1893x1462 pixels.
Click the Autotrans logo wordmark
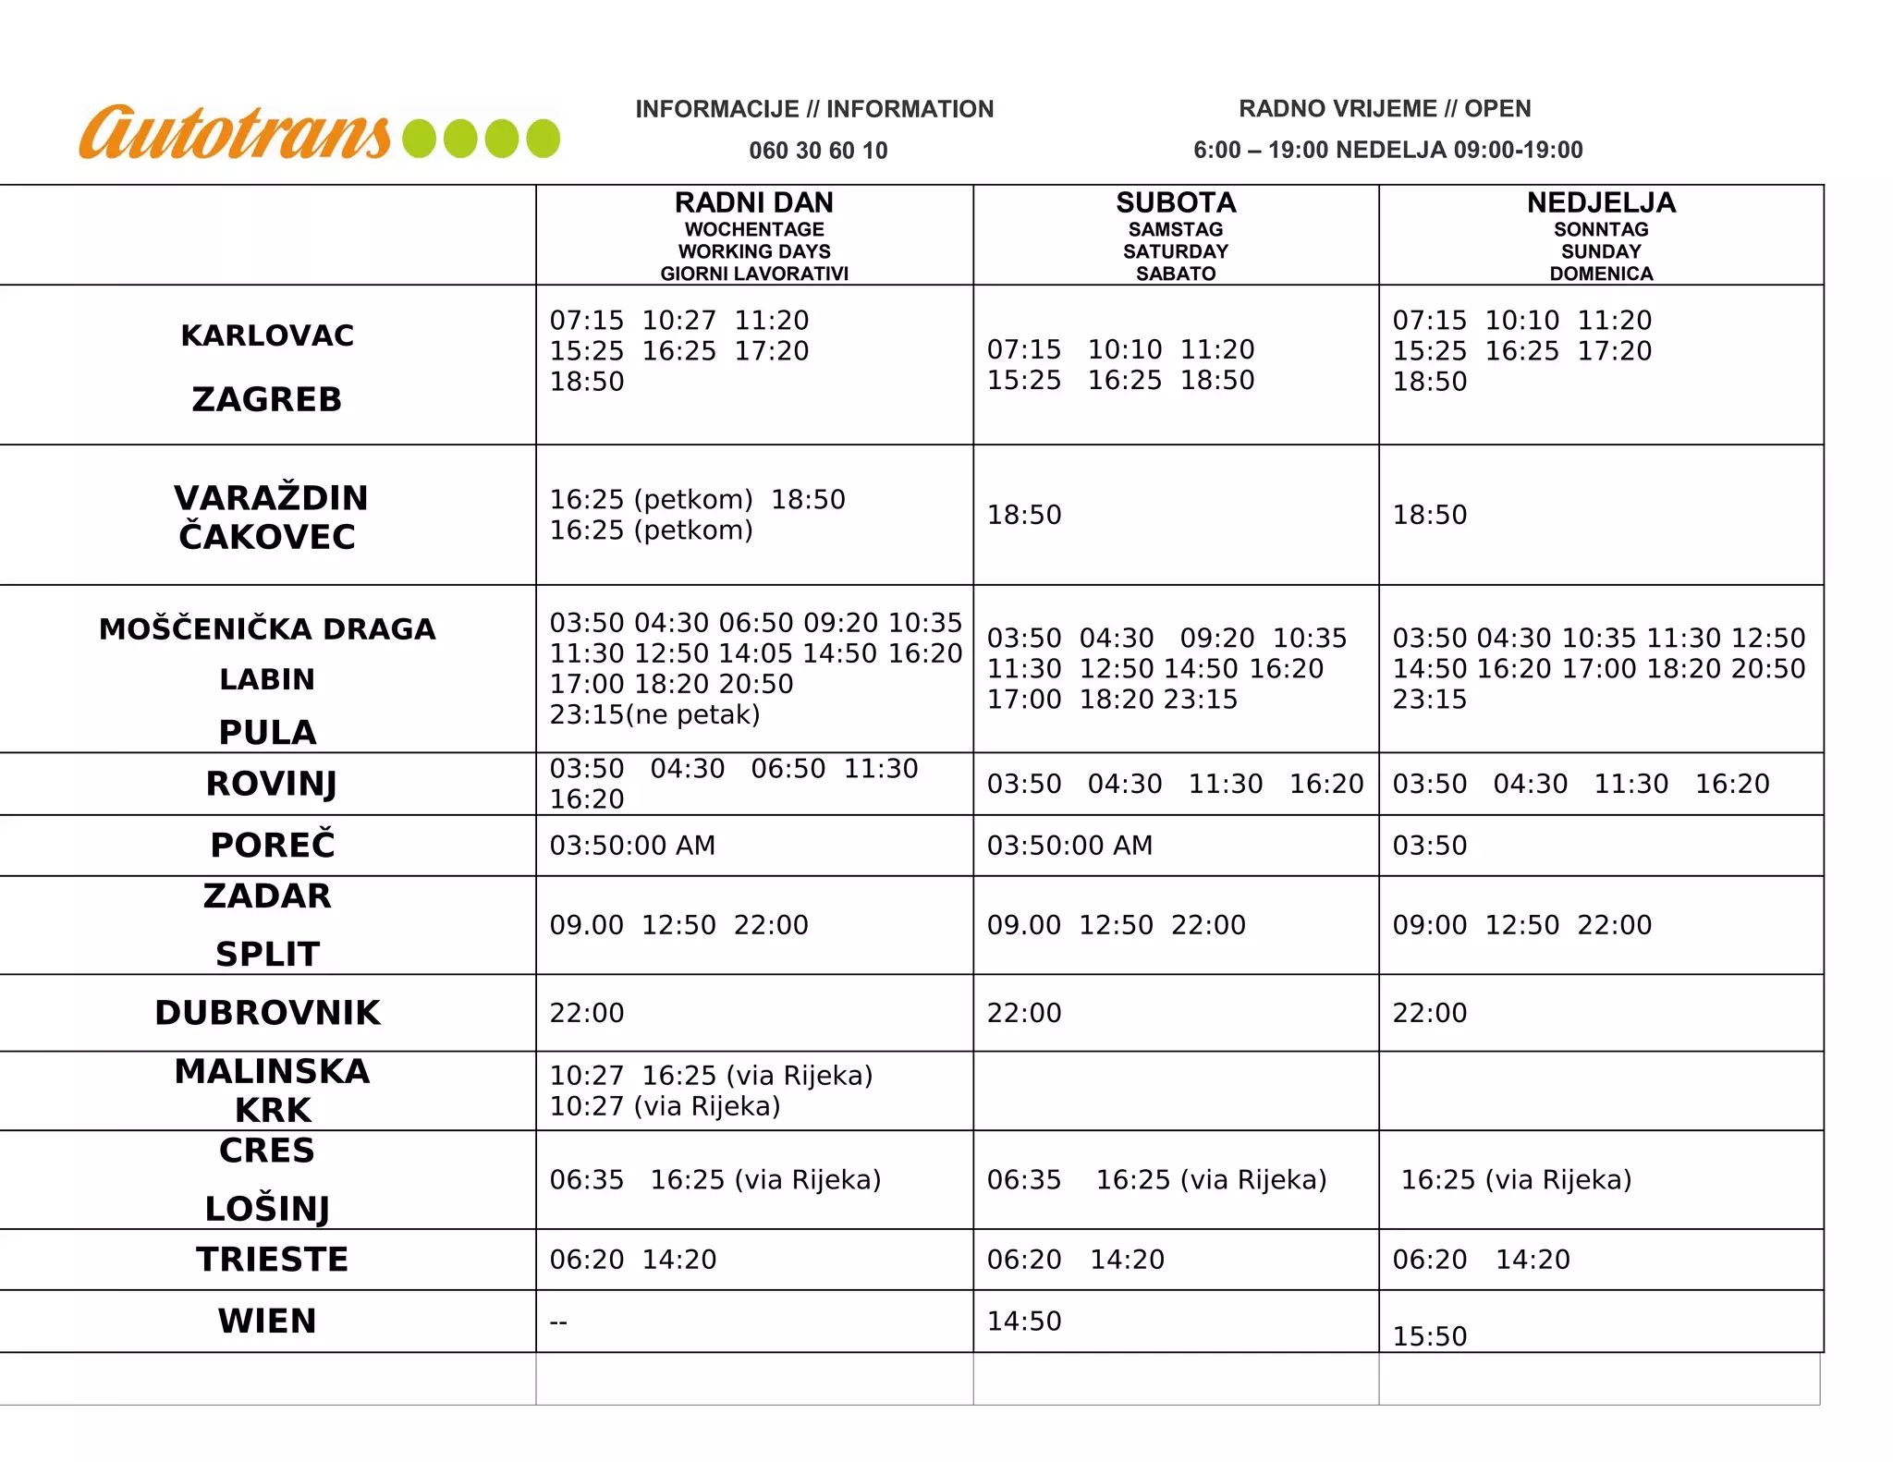coord(236,134)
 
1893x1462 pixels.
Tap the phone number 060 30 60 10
coord(818,151)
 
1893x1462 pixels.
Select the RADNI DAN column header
coord(754,202)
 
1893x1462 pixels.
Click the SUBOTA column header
coord(1176,202)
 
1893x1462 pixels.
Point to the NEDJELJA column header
coord(1601,202)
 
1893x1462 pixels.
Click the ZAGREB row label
coord(267,399)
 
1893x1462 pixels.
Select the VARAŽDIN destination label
coord(271,498)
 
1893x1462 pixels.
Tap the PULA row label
coord(267,732)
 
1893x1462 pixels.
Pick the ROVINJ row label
coord(271,784)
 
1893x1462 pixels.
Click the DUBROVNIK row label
coord(267,1013)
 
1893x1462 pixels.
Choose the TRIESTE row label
coord(272,1260)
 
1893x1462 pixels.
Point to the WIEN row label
coord(267,1322)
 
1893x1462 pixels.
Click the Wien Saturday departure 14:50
coord(1024,1322)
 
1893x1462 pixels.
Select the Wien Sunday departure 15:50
coord(1430,1336)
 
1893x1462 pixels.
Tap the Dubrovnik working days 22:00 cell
coord(587,1013)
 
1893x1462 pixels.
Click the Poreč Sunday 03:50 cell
coord(1430,846)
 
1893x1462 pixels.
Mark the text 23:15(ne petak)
coord(654,714)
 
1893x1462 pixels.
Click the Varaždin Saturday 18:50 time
coord(1024,515)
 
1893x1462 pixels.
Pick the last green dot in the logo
coord(543,139)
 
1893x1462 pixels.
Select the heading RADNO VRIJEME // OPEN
coord(1385,109)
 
